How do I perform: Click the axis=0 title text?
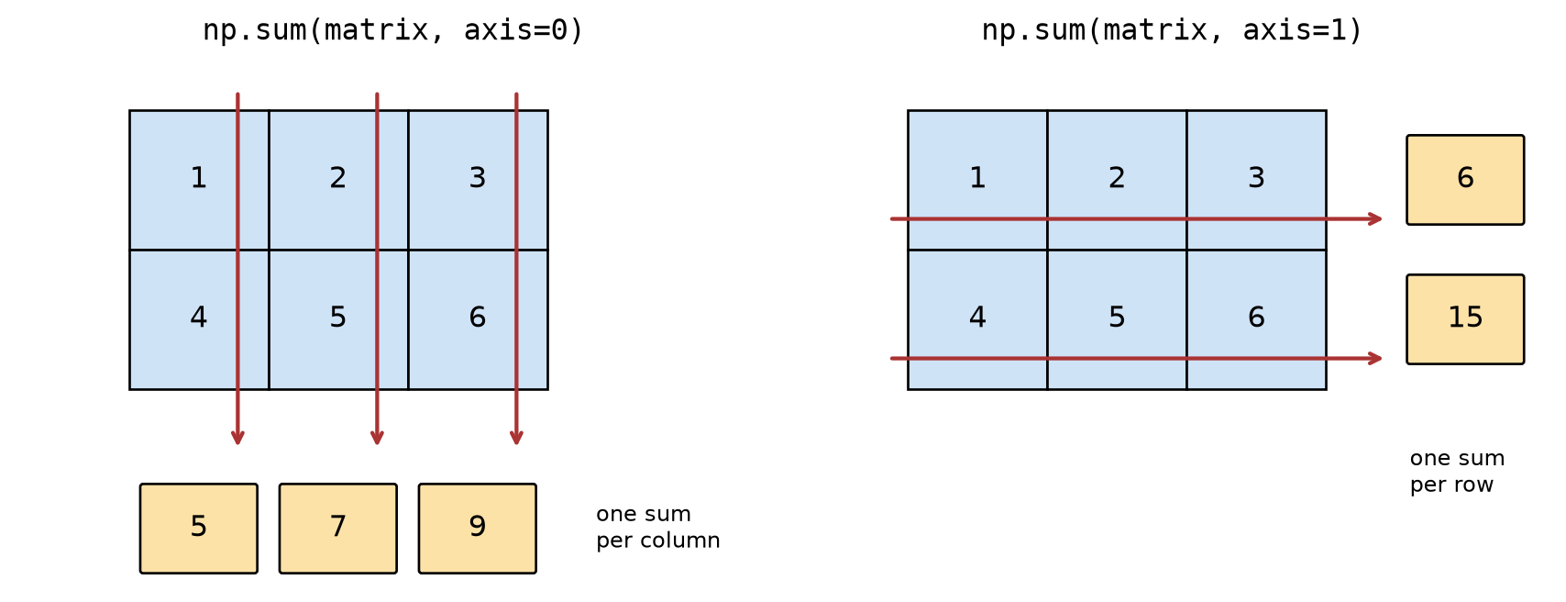393,30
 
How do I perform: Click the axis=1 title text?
1172,30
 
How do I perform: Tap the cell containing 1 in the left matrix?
199,180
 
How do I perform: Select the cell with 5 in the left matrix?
338,319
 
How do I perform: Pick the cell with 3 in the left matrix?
479,180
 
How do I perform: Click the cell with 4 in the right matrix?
977,319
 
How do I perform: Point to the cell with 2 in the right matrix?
1117,180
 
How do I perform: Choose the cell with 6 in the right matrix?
1256,319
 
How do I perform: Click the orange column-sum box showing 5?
199,529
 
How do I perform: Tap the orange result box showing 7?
338,529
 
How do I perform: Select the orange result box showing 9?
478,529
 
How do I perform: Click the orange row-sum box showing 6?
1465,180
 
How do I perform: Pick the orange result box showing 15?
1465,319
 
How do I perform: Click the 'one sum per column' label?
658,527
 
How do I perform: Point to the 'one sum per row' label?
1457,471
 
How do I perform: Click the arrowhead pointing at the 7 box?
377,439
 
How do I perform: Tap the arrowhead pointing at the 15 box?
1376,359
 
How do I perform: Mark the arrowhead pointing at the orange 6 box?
1376,219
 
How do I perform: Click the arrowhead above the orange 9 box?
516,439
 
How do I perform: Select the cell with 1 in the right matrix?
977,180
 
